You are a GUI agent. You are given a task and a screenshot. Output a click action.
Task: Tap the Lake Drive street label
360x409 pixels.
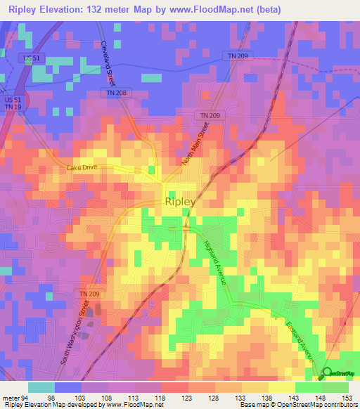(x=81, y=168)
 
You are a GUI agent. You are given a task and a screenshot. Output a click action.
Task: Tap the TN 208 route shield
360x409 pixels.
(x=115, y=93)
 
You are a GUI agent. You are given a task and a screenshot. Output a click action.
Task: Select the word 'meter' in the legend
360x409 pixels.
(x=12, y=398)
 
